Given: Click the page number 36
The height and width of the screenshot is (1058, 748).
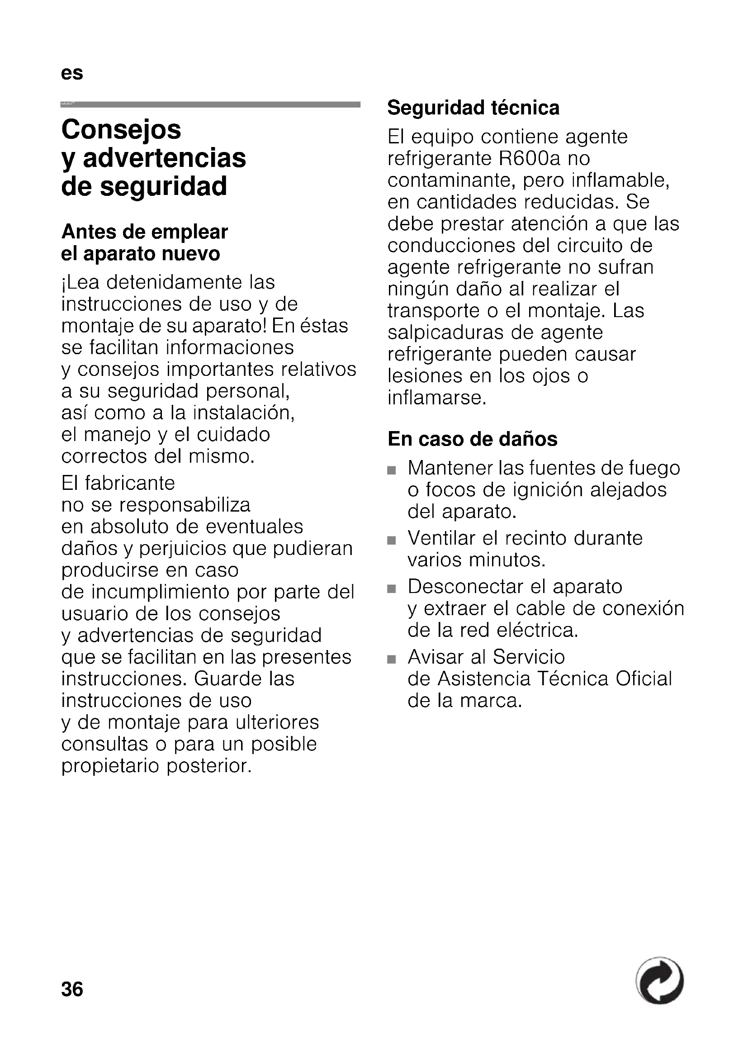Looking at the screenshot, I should pos(72,989).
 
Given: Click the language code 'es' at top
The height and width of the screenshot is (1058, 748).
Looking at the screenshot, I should pos(72,73).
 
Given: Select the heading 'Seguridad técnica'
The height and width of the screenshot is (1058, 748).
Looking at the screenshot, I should pos(473,108).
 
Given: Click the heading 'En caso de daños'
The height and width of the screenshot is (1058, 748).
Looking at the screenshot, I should pos(472,439).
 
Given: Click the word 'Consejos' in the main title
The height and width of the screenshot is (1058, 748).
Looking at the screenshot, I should pos(122,129).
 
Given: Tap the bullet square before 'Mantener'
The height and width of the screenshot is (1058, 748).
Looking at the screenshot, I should pos(392,470).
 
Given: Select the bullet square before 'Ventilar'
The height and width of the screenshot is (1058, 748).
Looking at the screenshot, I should pos(392,541).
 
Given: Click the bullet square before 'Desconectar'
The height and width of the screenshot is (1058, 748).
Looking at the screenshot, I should pos(392,589).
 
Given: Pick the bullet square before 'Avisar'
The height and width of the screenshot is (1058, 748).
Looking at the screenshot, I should pos(392,659).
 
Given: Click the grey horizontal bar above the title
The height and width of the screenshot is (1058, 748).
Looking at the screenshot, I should pos(210,104).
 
